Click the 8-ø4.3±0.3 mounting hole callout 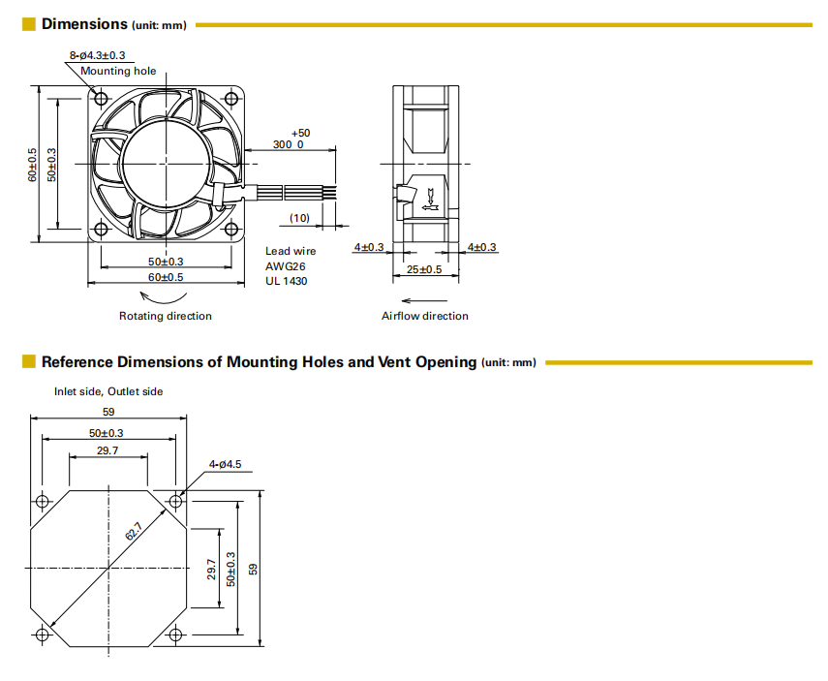pos(97,55)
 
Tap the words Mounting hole pos(118,71)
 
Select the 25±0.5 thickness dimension pos(424,269)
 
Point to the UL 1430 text pos(286,281)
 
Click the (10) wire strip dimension pos(299,218)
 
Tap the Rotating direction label pos(165,316)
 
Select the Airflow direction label pos(424,316)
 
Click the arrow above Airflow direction pos(419,299)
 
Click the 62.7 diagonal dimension pos(133,532)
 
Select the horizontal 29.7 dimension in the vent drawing pos(107,450)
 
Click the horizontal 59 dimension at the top pos(107,412)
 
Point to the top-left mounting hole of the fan pos(101,97)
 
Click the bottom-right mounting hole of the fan pos(230,229)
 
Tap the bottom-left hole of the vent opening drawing pos(42,635)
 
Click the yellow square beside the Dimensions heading pos(29,23)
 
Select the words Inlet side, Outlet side pos(108,391)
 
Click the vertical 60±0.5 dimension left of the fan pos(32,165)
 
